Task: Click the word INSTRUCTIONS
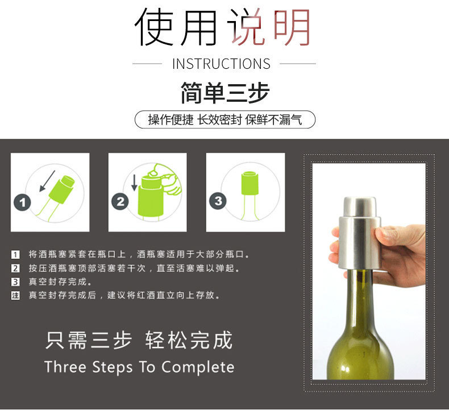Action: (221, 64)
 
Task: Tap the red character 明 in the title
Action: (292, 27)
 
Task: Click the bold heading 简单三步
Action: (225, 92)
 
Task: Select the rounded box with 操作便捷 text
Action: (225, 119)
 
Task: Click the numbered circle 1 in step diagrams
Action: (22, 202)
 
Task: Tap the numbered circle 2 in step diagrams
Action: (120, 201)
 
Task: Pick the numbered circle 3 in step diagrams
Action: (218, 201)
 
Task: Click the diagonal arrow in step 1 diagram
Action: (47, 181)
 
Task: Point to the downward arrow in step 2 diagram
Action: (134, 183)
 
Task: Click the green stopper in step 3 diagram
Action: (250, 183)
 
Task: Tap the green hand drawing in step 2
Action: (166, 180)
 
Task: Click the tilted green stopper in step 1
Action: (61, 189)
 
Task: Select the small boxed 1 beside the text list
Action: (15, 254)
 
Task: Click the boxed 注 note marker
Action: (15, 295)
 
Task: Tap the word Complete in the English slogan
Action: (198, 367)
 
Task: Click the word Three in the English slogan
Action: (65, 367)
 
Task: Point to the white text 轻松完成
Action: (189, 340)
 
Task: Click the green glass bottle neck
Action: (360, 301)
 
